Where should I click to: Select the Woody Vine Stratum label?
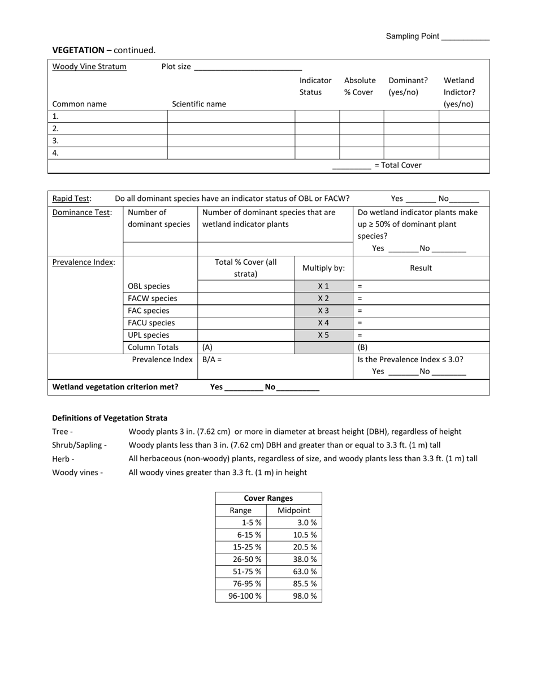coord(89,67)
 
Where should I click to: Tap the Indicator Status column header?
coord(315,86)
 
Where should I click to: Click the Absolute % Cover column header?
coord(360,86)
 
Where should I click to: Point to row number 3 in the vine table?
coord(55,141)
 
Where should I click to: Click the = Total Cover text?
coord(398,165)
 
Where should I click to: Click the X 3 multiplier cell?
coord(323,311)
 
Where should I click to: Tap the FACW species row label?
coord(152,298)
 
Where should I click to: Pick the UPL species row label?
coord(148,335)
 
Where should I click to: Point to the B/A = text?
coord(212,359)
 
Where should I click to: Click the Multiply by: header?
coord(323,268)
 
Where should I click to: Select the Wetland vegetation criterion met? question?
coord(115,387)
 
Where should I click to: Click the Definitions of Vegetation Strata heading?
coord(110,418)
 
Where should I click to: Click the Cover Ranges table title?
coord(268,499)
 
